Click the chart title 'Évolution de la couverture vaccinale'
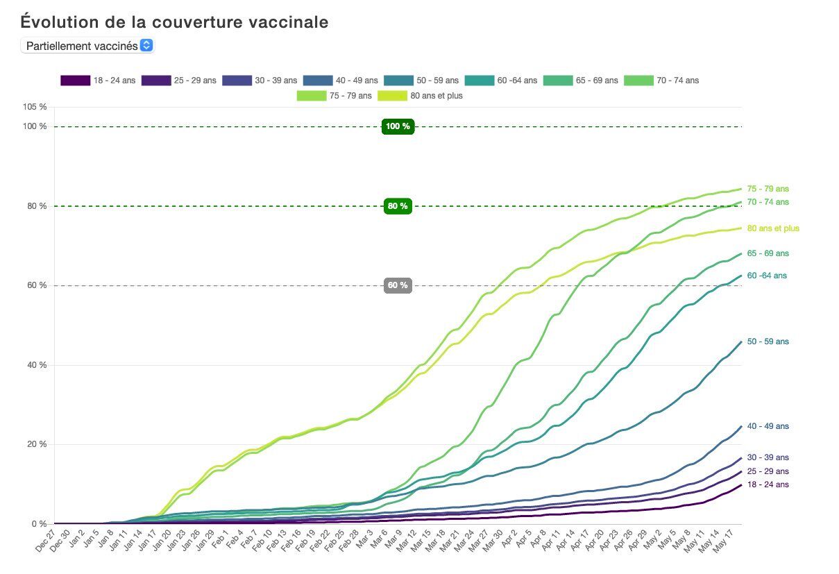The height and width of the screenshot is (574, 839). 174,22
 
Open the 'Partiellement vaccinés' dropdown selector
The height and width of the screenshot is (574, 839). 87,46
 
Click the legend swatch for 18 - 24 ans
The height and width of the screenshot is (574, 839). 75,81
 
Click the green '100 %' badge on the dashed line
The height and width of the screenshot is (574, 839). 398,126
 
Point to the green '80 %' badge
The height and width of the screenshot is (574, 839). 398,206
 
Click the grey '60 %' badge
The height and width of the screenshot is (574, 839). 398,285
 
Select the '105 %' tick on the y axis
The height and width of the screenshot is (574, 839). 35,107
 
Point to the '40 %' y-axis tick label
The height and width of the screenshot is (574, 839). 37,365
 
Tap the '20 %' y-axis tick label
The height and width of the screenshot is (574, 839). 37,444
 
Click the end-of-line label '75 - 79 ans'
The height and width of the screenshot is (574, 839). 768,189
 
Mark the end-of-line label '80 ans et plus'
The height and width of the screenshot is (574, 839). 773,228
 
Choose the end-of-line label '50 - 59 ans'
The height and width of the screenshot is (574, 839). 768,341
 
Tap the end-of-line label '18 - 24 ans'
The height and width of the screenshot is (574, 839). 768,484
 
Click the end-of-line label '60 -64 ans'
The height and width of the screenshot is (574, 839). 767,276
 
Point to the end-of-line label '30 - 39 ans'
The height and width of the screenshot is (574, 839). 768,457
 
